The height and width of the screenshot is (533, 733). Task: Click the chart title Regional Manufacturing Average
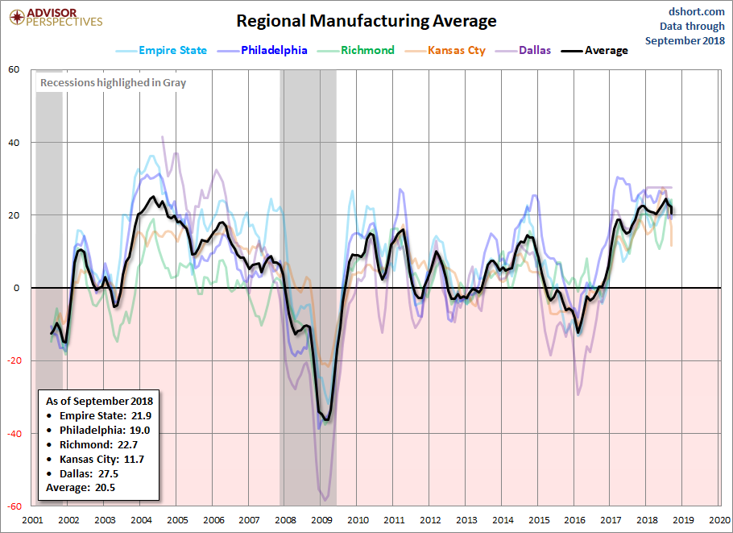click(366, 21)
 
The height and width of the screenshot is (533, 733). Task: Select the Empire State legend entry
click(161, 51)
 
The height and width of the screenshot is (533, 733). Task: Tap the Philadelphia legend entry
click(263, 51)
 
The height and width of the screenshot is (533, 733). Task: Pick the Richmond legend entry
click(356, 51)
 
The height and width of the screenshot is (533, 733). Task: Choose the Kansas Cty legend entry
click(445, 51)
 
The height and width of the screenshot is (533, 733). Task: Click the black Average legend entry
click(594, 51)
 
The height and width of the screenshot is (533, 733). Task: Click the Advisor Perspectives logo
click(56, 17)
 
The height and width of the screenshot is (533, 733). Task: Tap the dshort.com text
click(697, 12)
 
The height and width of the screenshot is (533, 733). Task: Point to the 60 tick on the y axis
click(14, 69)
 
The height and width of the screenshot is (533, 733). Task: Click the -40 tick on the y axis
click(13, 434)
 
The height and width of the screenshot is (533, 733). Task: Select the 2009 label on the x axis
click(321, 520)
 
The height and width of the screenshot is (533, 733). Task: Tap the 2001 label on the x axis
click(32, 520)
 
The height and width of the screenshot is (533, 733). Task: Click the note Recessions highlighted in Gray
click(113, 83)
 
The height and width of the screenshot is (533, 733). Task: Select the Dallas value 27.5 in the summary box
click(108, 473)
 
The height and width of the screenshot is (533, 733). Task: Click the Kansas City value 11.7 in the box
click(134, 459)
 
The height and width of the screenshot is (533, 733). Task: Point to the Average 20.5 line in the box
click(81, 488)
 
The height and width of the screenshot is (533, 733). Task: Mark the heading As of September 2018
click(100, 401)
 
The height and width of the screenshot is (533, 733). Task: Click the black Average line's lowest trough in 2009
click(327, 420)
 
